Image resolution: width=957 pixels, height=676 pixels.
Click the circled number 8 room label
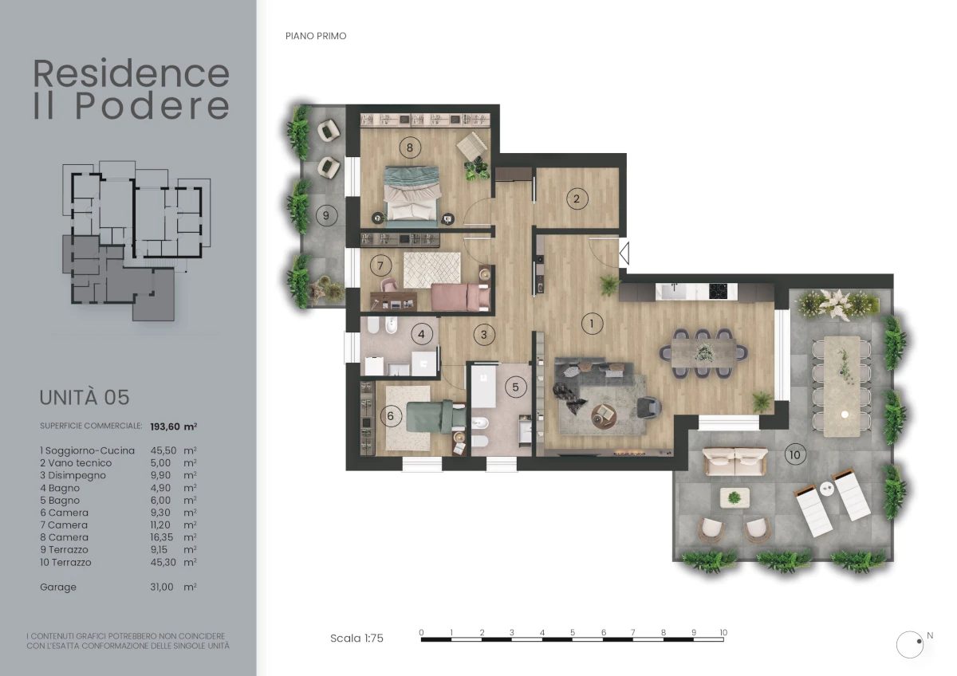pos(410,147)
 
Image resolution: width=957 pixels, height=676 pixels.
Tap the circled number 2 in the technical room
pos(577,198)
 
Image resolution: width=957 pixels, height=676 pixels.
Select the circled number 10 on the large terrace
pos(795,455)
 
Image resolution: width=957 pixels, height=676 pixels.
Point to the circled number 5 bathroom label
pos(516,387)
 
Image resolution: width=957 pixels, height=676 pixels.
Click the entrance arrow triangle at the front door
pos(624,253)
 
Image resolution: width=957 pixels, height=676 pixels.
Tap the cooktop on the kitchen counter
pos(719,291)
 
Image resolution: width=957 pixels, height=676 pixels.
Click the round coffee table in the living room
pos(605,416)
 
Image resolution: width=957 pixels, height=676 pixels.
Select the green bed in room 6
pos(435,416)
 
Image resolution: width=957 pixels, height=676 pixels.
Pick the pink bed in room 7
pos(460,297)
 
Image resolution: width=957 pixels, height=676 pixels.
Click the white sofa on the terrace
pos(734,462)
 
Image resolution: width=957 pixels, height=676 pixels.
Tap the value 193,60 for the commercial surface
pos(165,426)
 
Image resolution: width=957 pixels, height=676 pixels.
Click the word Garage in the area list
pos(58,588)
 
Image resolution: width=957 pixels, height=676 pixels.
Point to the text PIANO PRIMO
pos(316,37)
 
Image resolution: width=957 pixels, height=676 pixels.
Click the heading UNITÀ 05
pos(85,397)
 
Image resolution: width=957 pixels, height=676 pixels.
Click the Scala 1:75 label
pos(356,639)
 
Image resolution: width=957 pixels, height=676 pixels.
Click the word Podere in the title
pos(152,106)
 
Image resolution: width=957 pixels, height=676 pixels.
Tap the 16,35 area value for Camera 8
pos(161,537)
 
